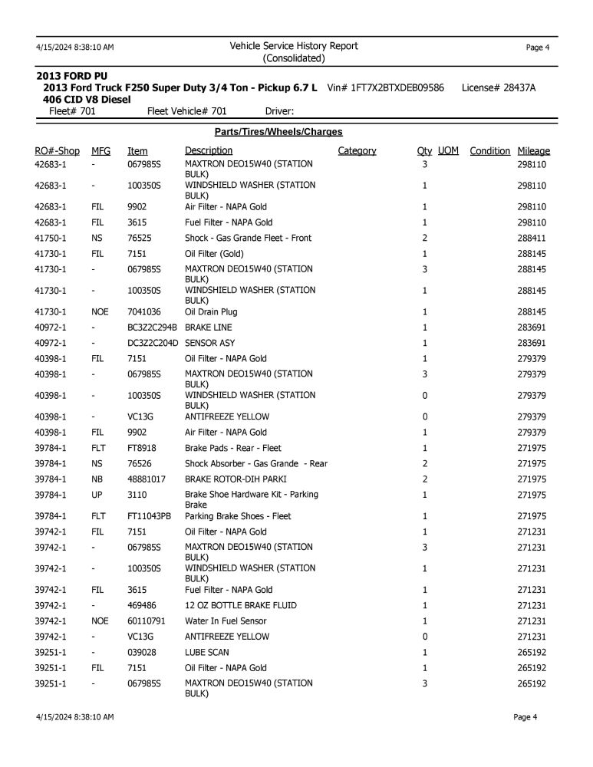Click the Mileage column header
tap(533, 151)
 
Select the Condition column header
tap(489, 151)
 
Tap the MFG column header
tap(100, 151)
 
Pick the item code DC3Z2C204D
tap(153, 343)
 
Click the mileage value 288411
tap(532, 238)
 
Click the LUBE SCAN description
tap(207, 652)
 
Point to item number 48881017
tap(147, 479)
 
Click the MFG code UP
tap(97, 494)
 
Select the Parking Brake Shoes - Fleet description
tap(238, 516)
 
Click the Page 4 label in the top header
tap(537, 48)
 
